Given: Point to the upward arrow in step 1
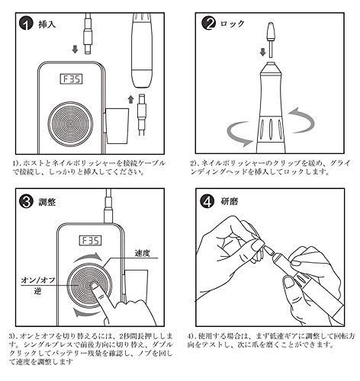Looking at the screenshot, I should tap(130, 100).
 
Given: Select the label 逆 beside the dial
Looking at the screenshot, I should tap(35, 294).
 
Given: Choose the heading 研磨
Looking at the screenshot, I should tap(233, 204).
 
